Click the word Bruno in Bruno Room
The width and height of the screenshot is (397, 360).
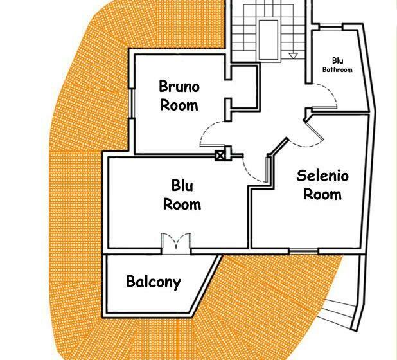point(179,86)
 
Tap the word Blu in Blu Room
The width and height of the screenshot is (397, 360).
point(182,185)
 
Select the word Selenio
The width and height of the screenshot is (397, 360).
point(322,175)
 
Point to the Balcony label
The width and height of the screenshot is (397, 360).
point(154,282)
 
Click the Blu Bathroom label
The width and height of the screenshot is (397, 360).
point(337,65)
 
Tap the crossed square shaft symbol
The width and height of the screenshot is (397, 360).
point(220,156)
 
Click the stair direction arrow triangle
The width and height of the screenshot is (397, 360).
point(293,56)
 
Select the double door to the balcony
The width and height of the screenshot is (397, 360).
point(176,243)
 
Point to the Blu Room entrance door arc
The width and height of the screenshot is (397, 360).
point(249,172)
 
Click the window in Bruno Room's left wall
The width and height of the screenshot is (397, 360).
point(132,103)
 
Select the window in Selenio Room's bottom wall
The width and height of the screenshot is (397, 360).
point(304,251)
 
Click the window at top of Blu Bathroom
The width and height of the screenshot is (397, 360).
point(331,26)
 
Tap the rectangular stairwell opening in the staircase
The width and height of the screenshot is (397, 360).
point(268,39)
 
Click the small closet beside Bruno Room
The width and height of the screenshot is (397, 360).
point(243,87)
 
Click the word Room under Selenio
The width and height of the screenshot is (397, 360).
point(322,194)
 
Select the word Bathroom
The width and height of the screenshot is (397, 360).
point(337,69)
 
